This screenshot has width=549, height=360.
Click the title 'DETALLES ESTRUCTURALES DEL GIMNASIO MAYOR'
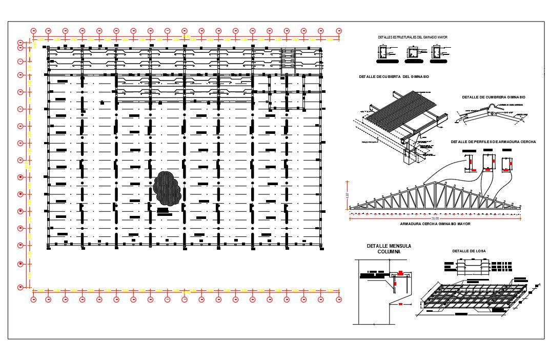413,37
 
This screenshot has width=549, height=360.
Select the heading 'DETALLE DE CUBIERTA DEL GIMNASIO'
394,76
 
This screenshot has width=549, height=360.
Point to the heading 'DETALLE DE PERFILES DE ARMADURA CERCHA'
493,142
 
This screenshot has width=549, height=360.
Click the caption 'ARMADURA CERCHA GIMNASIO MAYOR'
435,224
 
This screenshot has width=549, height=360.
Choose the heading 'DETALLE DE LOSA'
469,251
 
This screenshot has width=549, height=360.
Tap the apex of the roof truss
436,183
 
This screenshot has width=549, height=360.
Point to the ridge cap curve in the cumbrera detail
493,107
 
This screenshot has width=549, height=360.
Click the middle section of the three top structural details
413,53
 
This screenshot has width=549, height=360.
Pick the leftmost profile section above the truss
470,162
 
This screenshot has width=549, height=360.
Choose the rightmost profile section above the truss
507,162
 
